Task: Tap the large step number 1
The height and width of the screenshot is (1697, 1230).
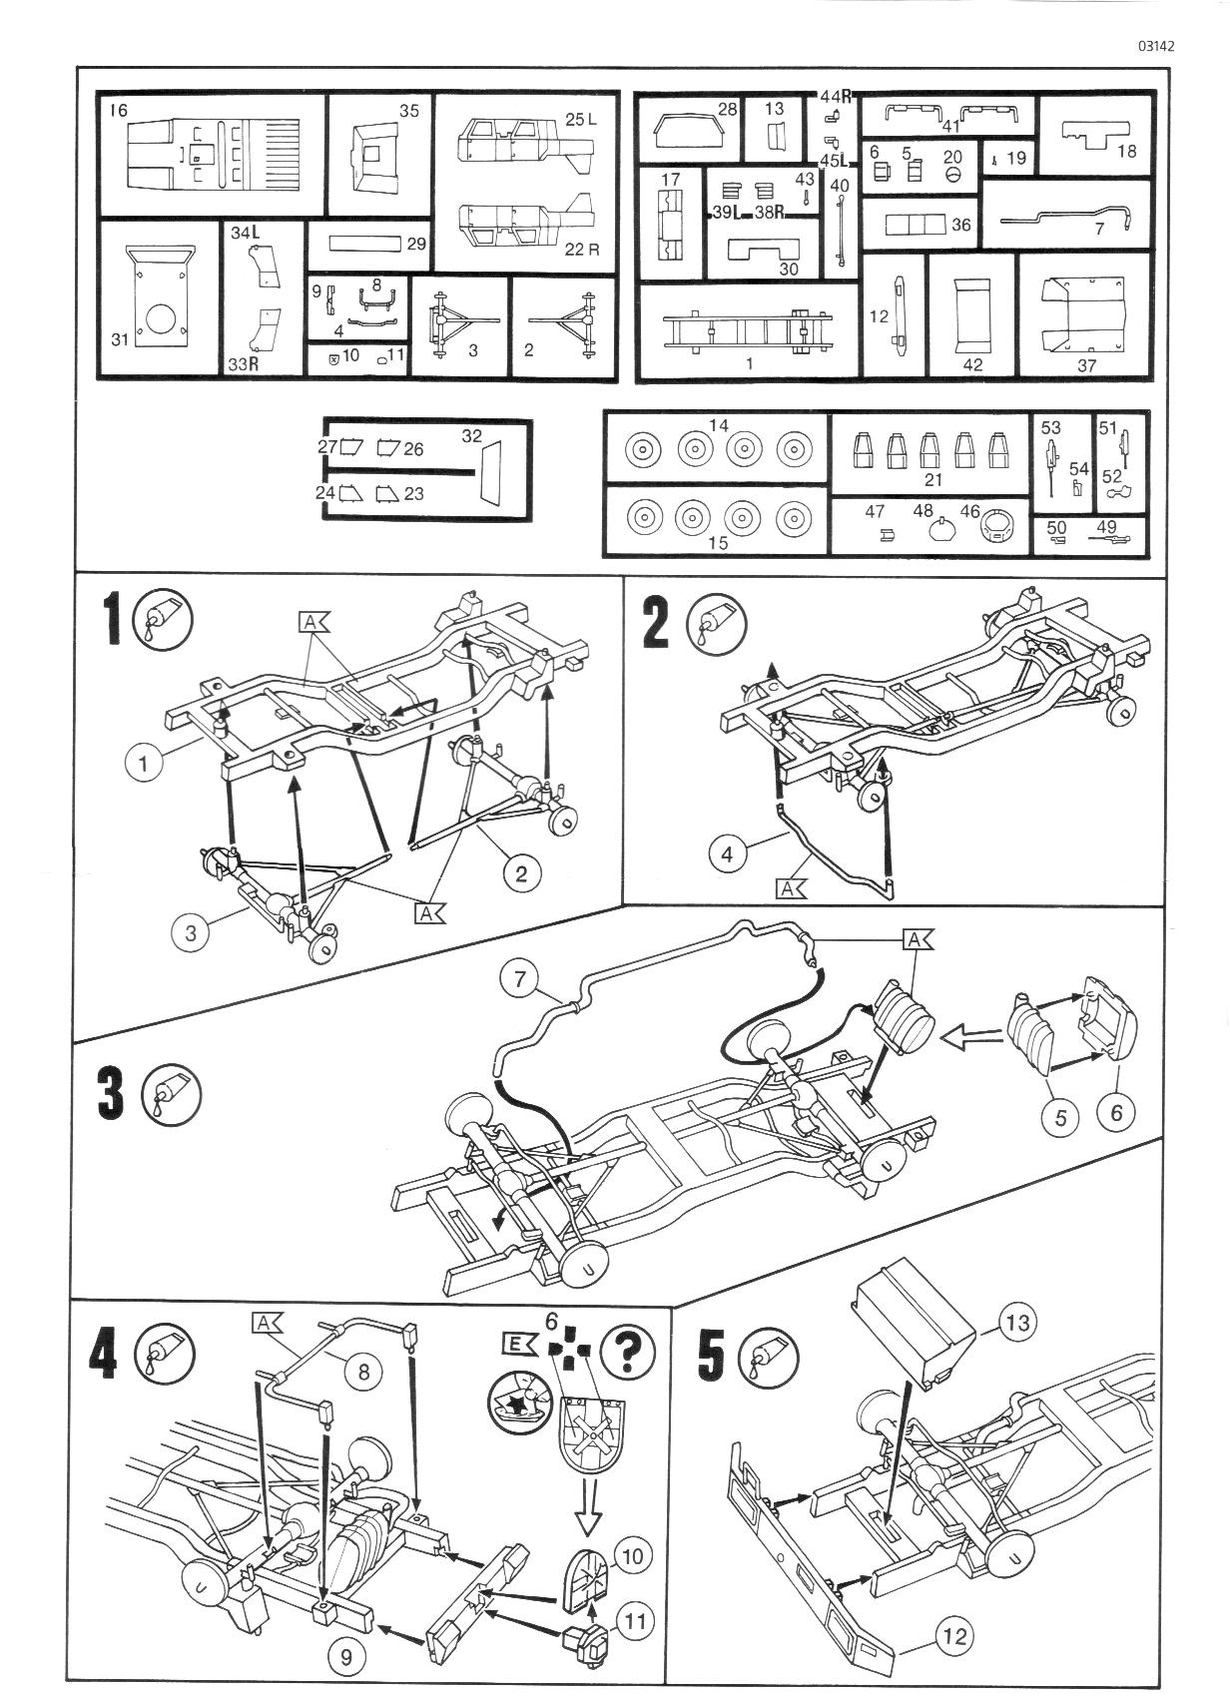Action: coord(115,620)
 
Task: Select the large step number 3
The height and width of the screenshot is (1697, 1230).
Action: coord(113,1092)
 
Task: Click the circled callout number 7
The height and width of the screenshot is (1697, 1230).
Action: coord(520,980)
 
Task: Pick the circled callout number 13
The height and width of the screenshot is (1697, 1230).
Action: coord(1017,1323)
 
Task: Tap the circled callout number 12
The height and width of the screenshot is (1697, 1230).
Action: coord(953,1635)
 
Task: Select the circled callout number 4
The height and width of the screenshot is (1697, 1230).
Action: coord(727,854)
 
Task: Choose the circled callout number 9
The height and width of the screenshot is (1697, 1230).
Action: coord(346,1658)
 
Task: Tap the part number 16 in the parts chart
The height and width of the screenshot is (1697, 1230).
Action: coord(119,111)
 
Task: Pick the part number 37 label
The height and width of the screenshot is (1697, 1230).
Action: coord(1086,364)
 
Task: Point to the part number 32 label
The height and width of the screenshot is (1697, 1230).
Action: coord(472,436)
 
